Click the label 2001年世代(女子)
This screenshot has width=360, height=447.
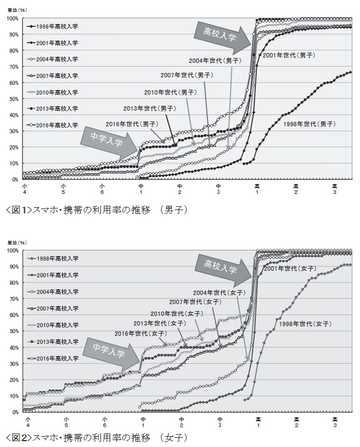tap(290, 268)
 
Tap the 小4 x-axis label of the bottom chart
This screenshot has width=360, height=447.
tap(26, 421)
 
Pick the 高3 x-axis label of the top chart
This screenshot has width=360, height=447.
tap(335, 189)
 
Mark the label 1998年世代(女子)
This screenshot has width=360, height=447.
tap(309, 324)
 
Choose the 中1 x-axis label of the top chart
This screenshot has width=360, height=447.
tap(141, 189)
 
